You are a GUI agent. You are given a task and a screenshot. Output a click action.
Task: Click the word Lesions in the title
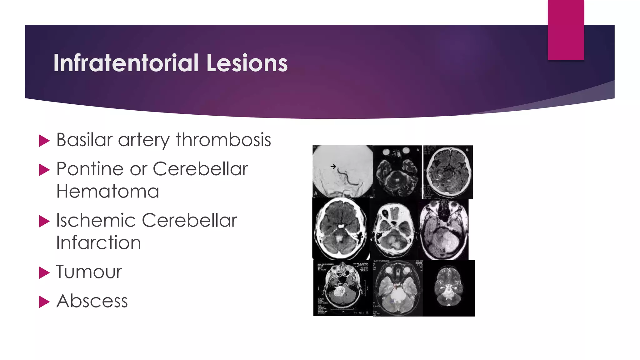[x=247, y=63]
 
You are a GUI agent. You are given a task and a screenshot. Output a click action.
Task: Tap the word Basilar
[x=84, y=140]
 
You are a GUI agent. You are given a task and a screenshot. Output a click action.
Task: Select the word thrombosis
[x=223, y=140]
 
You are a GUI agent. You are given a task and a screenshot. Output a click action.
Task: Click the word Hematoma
[x=108, y=191]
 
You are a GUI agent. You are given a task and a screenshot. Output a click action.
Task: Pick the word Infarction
[x=99, y=243]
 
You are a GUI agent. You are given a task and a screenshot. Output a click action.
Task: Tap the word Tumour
[x=89, y=272]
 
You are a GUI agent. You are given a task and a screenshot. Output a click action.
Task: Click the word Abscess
[x=92, y=301]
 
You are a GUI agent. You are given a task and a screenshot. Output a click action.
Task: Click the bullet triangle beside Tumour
[x=44, y=272]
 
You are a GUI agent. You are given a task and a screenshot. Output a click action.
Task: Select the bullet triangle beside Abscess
[x=44, y=302]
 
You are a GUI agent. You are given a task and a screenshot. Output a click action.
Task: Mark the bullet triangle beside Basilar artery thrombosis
[x=44, y=141]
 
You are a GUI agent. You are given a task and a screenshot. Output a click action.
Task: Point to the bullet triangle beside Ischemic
[x=44, y=221]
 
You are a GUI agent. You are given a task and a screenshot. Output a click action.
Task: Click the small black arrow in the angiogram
[x=333, y=167]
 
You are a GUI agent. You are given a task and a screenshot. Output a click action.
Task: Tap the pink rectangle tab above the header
[x=566, y=30]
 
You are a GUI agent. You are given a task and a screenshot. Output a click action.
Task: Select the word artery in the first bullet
[x=144, y=140]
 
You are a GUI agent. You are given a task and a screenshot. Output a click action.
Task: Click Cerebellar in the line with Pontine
[x=200, y=169]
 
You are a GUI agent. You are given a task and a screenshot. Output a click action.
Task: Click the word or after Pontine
[x=138, y=170]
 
